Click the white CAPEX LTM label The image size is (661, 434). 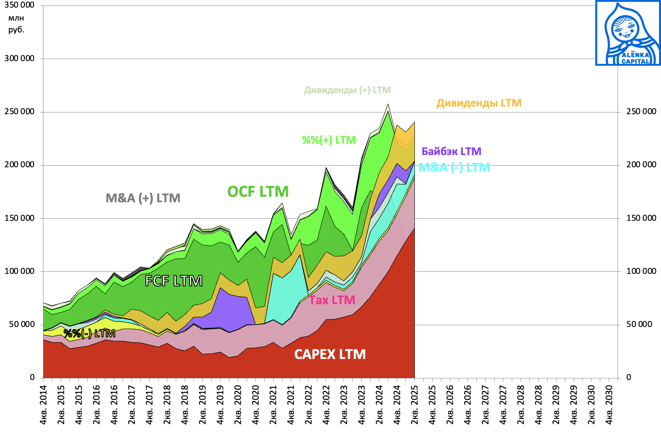[x=330, y=354]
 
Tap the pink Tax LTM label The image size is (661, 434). [x=332, y=300]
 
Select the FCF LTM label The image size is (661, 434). [x=174, y=281]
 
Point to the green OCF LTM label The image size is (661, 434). [x=258, y=192]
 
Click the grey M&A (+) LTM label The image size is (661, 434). [x=143, y=198]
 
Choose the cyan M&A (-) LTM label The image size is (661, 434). [x=454, y=167]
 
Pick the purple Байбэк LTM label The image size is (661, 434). [x=451, y=151]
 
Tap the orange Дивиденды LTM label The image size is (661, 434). [x=479, y=103]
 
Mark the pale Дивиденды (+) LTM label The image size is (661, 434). [x=347, y=90]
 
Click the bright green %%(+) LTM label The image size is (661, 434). [x=329, y=140]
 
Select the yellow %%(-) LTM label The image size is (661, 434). [x=89, y=334]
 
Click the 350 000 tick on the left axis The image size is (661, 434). [x=19, y=5]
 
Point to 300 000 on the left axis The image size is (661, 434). [x=19, y=59]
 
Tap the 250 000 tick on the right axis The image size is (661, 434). [x=641, y=112]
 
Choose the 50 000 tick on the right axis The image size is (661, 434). [x=639, y=324]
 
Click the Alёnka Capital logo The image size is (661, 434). [x=628, y=33]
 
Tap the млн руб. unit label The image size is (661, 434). [x=16, y=24]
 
